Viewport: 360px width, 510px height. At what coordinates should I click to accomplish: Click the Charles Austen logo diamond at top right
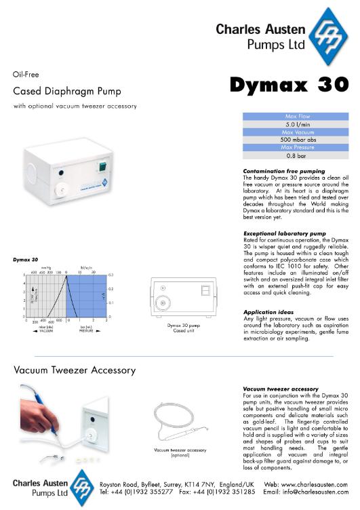point(330,33)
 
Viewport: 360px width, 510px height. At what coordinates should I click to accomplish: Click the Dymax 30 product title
point(288,85)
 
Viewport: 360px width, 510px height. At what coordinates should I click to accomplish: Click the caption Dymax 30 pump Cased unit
point(184,328)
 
